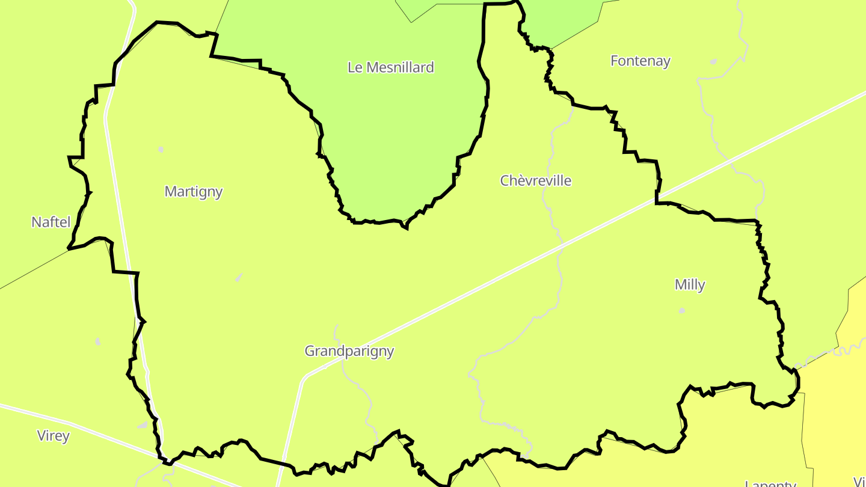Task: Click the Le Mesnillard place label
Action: [390, 67]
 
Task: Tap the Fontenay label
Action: [640, 61]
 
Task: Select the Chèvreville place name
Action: [535, 180]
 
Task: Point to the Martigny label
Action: [194, 192]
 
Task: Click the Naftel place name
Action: [51, 222]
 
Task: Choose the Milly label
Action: [689, 284]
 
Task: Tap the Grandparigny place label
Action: [349, 351]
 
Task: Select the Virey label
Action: [53, 436]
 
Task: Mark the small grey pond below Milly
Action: [681, 311]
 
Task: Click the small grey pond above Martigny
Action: [161, 149]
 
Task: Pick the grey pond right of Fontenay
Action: [713, 61]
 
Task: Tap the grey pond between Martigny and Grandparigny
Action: [239, 277]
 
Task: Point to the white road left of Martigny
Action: [114, 180]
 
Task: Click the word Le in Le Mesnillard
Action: [355, 67]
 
